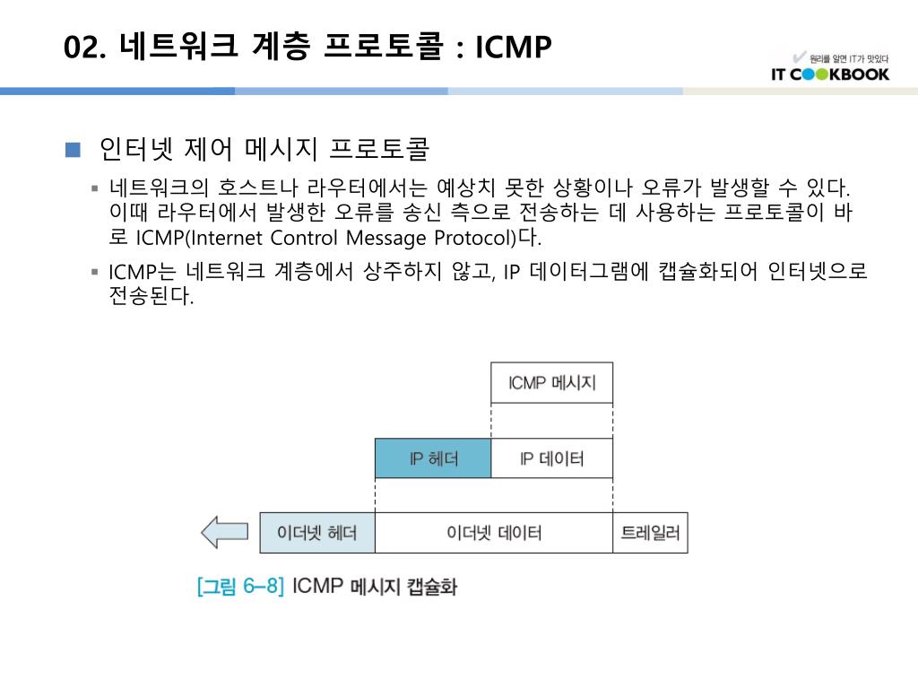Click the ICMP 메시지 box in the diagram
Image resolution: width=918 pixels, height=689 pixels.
tap(552, 383)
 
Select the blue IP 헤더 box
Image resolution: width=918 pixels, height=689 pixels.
tap(433, 458)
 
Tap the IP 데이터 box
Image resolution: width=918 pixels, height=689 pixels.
tap(552, 458)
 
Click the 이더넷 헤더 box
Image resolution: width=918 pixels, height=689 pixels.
tap(317, 533)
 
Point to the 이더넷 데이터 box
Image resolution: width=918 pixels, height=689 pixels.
tap(494, 533)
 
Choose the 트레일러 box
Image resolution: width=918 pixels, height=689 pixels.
tap(650, 533)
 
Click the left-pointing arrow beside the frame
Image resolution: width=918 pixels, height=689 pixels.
tap(223, 532)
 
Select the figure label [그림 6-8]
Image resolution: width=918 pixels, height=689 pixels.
tap(240, 587)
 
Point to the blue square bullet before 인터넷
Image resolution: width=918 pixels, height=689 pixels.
tap(74, 148)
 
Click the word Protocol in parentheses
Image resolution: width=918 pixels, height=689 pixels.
tap(476, 239)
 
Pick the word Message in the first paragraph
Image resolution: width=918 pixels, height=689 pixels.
tap(390, 239)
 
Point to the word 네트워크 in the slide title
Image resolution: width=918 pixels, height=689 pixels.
tap(178, 47)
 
